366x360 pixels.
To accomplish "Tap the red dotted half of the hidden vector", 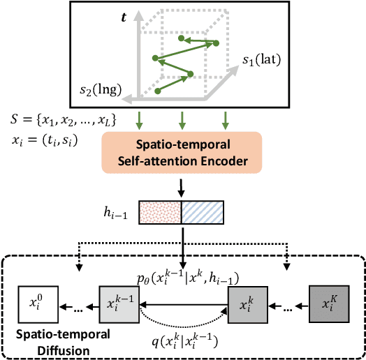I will coord(161,211).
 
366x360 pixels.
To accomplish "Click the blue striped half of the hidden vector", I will coord(203,211).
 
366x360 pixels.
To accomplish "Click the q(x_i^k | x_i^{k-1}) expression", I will coord(183,340).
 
